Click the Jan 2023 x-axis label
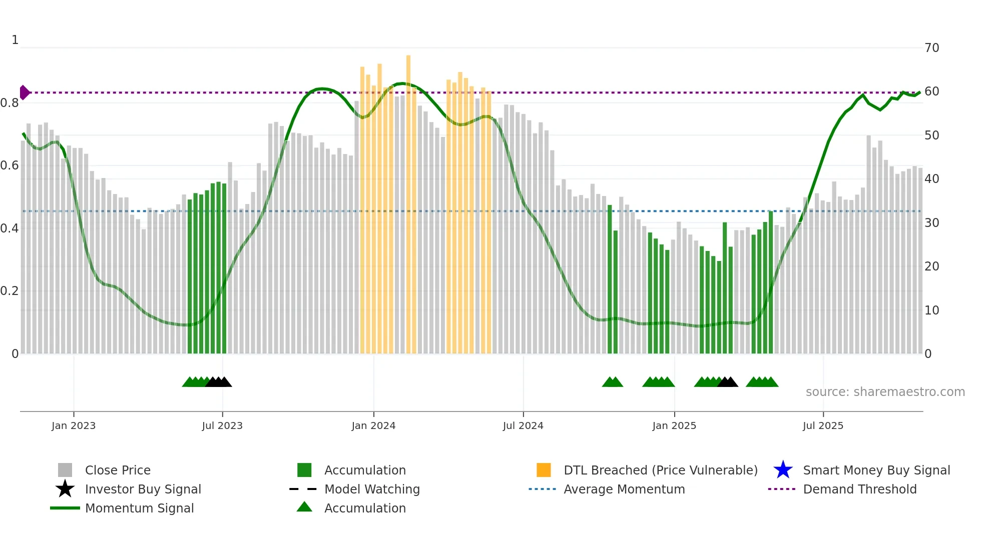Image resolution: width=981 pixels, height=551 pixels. coord(74,425)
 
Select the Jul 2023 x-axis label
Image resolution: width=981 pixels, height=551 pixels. coord(222,425)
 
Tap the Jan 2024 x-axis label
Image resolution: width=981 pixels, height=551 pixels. coord(373,425)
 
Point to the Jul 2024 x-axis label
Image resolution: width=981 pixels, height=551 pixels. coord(523,425)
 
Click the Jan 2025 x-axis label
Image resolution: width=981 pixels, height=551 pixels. coord(674,425)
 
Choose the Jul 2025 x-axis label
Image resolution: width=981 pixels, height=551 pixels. coord(823,425)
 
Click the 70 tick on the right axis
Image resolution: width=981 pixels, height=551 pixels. coord(931,48)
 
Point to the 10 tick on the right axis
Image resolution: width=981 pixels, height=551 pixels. coord(931,310)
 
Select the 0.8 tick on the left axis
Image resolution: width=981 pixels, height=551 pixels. coord(10,103)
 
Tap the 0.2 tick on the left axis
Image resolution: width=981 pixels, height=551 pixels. coord(10,291)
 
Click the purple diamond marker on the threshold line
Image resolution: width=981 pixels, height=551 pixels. coord(24,92)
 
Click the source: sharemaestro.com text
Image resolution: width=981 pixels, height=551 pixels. coord(885,392)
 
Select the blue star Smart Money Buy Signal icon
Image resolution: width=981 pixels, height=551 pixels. coord(783,470)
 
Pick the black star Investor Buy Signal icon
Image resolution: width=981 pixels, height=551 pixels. coord(65,489)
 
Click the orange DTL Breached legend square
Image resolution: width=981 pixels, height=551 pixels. coord(544,470)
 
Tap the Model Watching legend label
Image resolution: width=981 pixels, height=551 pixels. coord(372,489)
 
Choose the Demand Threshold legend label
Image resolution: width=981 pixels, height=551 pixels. coord(859,489)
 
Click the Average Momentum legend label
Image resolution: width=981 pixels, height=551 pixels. coord(624,489)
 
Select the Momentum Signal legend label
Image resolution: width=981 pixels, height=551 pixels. coord(139,508)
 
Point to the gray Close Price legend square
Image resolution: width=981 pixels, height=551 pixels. coord(65,470)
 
